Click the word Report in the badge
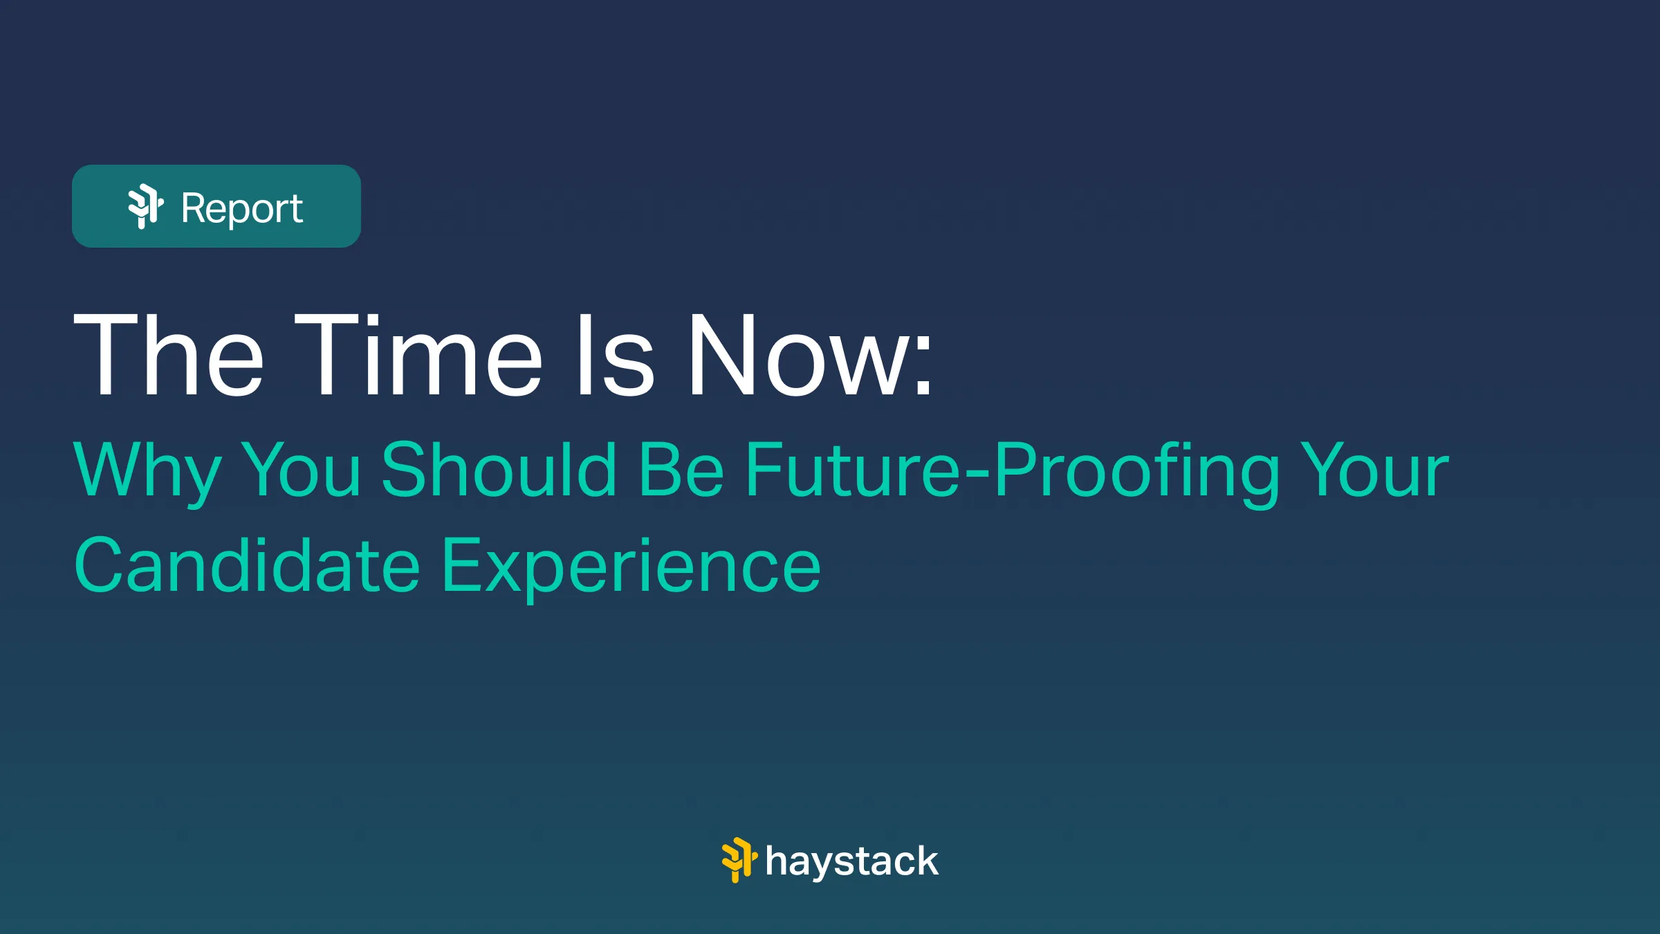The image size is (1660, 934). pyautogui.click(x=241, y=208)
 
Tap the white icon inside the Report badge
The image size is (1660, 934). pyautogui.click(x=146, y=206)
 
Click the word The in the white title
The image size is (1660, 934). pyautogui.click(x=168, y=355)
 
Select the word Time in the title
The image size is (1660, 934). pyautogui.click(x=418, y=355)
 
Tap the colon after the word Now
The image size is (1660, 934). pyautogui.click(x=923, y=367)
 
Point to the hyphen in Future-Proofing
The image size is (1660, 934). pyautogui.click(x=976, y=473)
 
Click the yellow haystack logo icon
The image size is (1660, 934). pyautogui.click(x=739, y=860)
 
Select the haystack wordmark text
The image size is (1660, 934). pyautogui.click(x=852, y=861)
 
